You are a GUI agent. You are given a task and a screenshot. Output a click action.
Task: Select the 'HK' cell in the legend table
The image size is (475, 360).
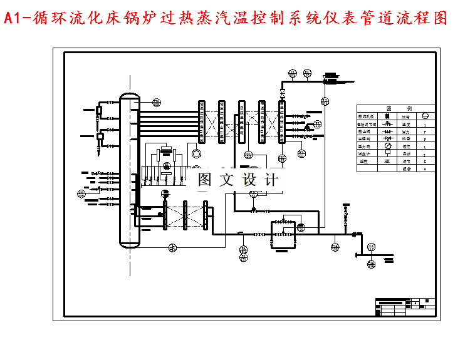(x=387, y=161)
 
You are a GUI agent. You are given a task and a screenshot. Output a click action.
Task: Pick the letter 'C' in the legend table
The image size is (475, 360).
(x=425, y=161)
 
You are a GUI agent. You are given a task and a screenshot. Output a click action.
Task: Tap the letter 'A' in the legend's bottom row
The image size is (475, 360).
(x=425, y=168)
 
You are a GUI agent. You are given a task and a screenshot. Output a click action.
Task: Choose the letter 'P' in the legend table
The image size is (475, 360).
(x=425, y=132)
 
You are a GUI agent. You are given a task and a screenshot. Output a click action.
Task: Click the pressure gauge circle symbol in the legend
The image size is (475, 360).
(x=387, y=146)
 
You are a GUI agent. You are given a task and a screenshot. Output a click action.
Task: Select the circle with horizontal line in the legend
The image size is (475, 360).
(x=425, y=116)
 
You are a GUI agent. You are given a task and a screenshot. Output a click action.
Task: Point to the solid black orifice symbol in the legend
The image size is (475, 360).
(x=387, y=116)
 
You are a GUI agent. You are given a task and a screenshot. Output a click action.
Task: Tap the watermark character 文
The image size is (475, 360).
(x=226, y=180)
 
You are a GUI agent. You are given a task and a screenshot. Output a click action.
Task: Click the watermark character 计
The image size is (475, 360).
(x=272, y=180)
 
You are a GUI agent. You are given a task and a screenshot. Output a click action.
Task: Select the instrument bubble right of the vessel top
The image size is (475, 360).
(x=155, y=102)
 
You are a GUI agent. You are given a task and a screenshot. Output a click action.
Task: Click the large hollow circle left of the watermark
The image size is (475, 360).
(x=197, y=153)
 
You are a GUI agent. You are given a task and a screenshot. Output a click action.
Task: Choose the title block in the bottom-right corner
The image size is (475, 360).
(x=405, y=307)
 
